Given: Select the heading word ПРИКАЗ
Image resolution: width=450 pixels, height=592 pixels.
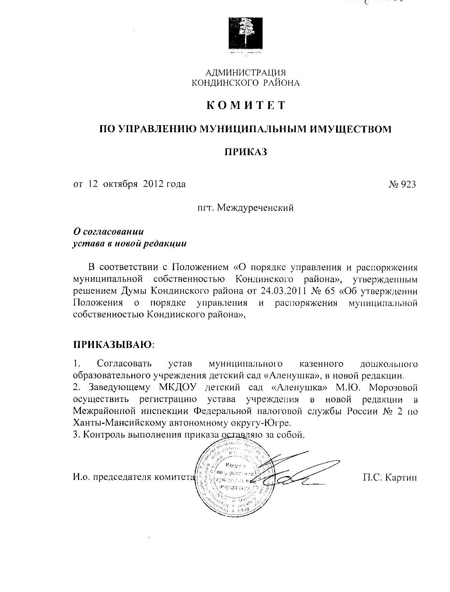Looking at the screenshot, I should tap(246, 152).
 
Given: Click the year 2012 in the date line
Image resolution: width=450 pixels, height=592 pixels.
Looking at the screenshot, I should tap(155, 184).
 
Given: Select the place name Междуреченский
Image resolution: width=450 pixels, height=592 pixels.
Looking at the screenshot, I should tap(255, 208).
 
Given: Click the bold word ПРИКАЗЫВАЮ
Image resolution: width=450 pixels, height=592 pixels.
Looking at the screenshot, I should tap(113, 344).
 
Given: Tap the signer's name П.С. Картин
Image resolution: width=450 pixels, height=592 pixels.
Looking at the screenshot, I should tap(390, 478).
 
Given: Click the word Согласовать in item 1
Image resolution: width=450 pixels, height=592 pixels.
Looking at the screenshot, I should tap(124, 364).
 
